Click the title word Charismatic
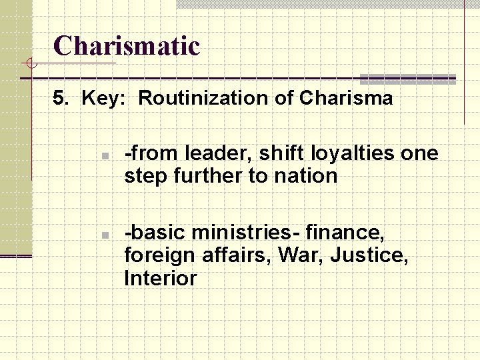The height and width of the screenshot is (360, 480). click(127, 46)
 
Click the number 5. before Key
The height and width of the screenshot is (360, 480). click(61, 99)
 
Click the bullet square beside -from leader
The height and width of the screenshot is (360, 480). click(105, 156)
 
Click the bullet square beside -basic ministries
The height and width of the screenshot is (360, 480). click(105, 235)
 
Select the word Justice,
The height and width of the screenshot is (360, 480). click(371, 255)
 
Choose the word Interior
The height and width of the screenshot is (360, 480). click(161, 278)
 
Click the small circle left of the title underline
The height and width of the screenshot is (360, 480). click(28, 64)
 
